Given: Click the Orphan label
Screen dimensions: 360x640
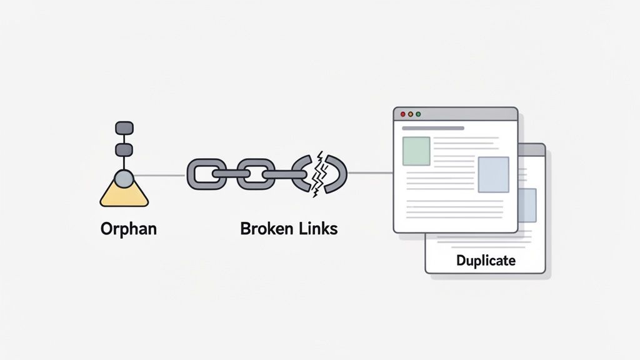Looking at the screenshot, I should (128, 229).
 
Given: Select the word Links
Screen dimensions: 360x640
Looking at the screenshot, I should (318, 229).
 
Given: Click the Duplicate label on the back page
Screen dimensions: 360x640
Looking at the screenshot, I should (486, 260).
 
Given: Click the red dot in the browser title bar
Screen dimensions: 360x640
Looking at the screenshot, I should (403, 114).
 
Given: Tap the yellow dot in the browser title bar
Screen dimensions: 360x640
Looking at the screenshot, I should (411, 114).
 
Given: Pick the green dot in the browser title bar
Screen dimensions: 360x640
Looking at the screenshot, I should (418, 114).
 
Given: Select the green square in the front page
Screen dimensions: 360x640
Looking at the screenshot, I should (416, 151).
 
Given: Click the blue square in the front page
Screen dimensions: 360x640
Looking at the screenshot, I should (493, 174).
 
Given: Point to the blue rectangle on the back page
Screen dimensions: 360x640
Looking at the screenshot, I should (528, 205).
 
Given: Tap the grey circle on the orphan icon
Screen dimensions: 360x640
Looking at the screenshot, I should (124, 179).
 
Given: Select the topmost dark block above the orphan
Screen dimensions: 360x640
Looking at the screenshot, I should (124, 128).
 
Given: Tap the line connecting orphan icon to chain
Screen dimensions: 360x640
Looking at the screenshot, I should (159, 174).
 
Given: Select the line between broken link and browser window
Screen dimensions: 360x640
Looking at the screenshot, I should (370, 173).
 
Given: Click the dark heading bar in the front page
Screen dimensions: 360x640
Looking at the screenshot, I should (433, 128).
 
